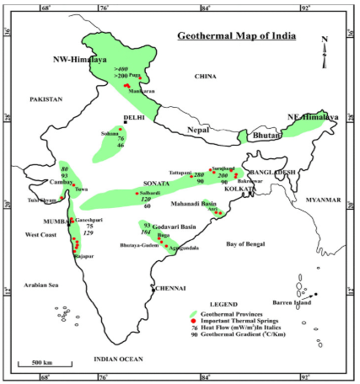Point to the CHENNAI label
point(170,287)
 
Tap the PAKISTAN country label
point(46,99)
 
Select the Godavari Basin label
point(176,227)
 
